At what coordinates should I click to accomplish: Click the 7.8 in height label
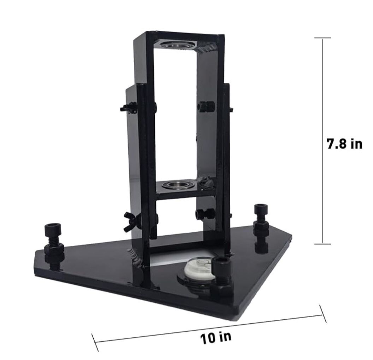point(344,144)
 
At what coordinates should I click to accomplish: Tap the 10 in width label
point(215,337)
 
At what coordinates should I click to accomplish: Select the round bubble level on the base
point(197,268)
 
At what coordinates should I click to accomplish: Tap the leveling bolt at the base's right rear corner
point(261,227)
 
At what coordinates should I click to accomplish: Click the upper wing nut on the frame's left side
point(129,108)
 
